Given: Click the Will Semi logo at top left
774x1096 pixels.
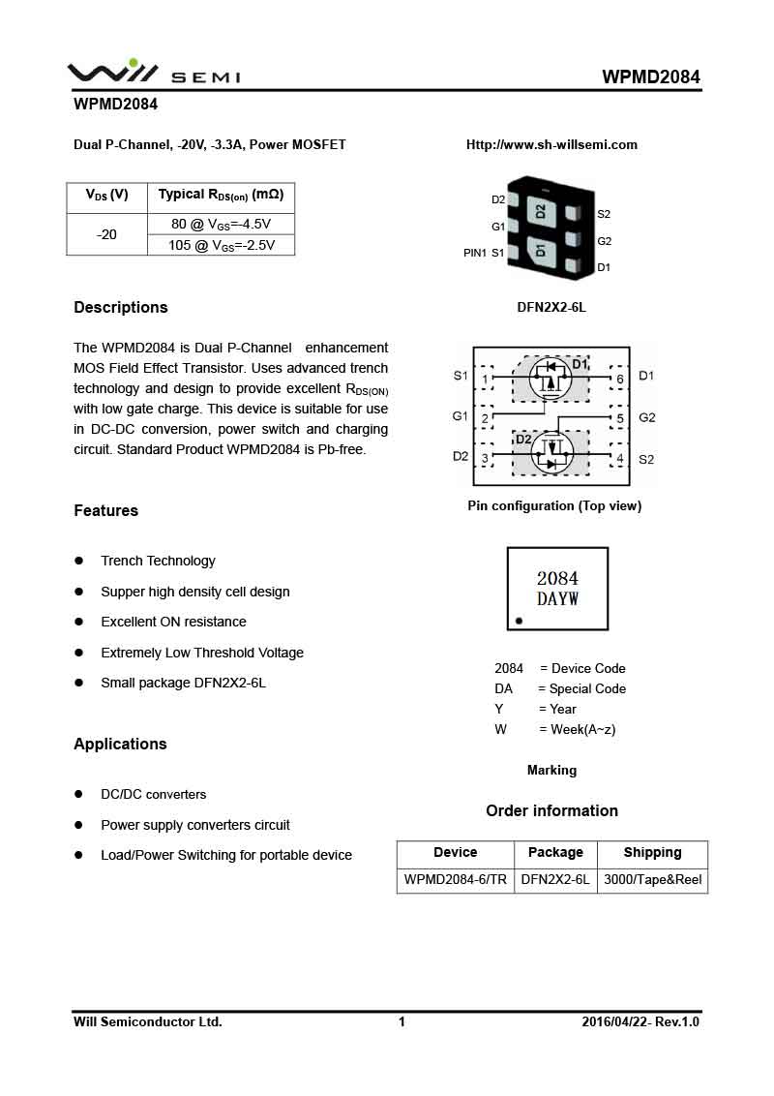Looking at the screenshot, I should click(x=153, y=74).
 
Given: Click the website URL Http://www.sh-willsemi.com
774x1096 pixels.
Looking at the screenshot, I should click(x=551, y=145).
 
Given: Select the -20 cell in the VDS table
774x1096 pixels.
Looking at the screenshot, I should click(x=106, y=234).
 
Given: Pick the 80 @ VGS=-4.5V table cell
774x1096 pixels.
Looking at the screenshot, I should click(x=221, y=224).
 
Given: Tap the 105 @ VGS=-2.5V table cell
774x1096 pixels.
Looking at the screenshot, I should click(x=221, y=245).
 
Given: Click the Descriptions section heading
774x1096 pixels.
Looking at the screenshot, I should click(x=121, y=308).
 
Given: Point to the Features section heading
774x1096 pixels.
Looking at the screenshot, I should click(x=106, y=511).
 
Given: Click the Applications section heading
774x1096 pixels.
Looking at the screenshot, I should click(x=120, y=745).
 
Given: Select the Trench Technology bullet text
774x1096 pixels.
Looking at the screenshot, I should click(x=158, y=562).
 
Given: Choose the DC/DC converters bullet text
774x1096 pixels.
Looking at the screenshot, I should click(x=153, y=795).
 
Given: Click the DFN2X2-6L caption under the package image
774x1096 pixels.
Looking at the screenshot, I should click(x=551, y=308).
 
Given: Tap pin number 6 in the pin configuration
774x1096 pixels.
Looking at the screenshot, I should click(x=619, y=379).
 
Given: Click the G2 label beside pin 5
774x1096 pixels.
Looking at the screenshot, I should click(x=647, y=418).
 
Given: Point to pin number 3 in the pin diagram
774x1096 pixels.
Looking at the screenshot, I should click(x=485, y=458).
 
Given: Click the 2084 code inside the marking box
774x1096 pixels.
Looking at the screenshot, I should click(x=557, y=579).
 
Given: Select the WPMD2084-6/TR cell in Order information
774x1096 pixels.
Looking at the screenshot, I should click(x=455, y=880).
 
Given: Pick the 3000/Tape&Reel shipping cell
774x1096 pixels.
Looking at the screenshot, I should click(x=652, y=880).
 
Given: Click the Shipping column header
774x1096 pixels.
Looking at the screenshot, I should click(x=652, y=853).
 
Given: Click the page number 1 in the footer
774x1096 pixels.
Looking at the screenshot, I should click(x=402, y=1022).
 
